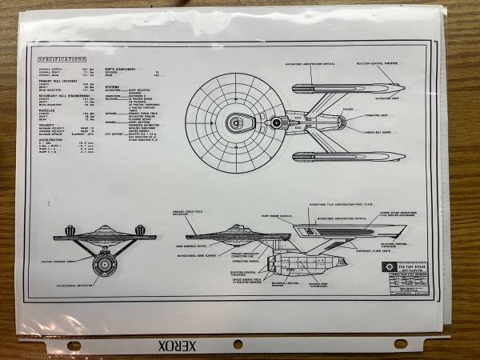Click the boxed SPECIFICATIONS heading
(62, 59)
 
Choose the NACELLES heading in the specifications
(47, 110)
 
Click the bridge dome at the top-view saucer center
(236, 122)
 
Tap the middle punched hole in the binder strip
(238, 344)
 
